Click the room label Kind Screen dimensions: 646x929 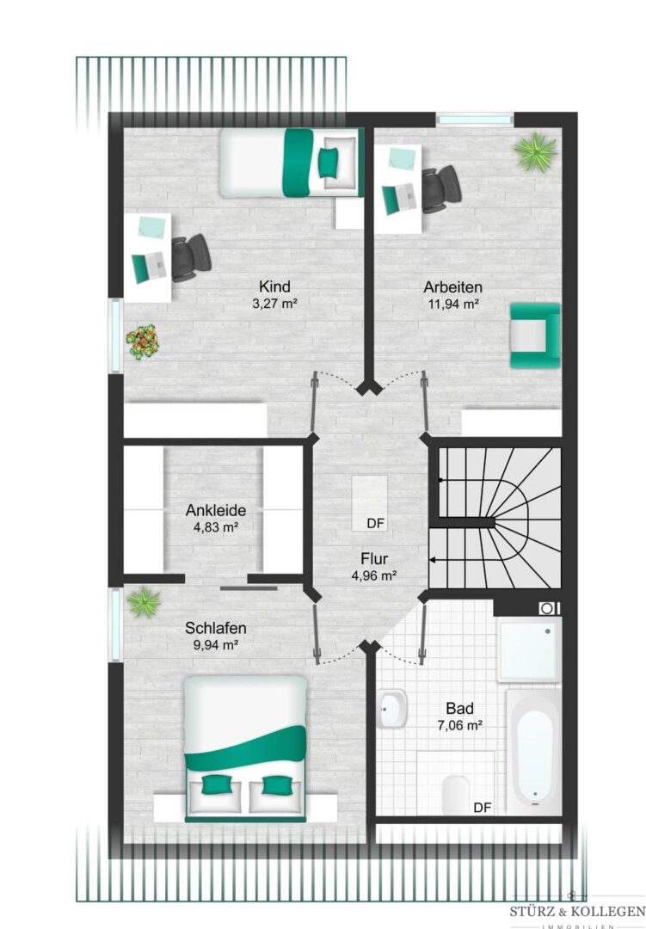pos(274,286)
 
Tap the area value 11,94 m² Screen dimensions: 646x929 pos(453,305)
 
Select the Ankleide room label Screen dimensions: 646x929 pos(216,510)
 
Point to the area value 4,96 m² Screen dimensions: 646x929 pos(374,575)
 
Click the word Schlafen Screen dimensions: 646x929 pos(216,628)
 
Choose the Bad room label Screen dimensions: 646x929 pos(460,708)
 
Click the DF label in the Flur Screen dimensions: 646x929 pos(376,523)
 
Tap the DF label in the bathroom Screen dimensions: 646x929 pos(483,807)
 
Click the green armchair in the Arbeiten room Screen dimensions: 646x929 pos(535,335)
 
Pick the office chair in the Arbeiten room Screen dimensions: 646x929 pos(440,189)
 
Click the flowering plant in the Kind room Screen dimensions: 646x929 pos(142,342)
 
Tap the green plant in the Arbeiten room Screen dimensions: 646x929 pos(536,152)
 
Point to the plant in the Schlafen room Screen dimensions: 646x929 pos(144,602)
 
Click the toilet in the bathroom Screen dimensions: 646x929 pos(456,791)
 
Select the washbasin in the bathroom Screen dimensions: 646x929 pos(391,709)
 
